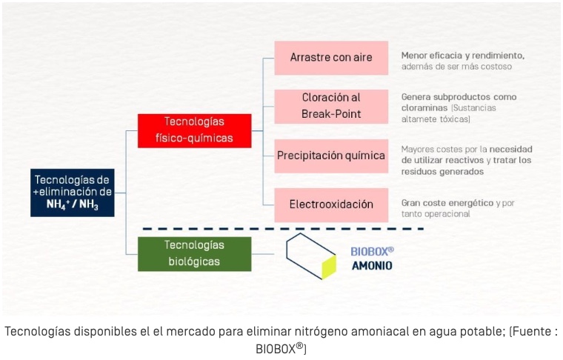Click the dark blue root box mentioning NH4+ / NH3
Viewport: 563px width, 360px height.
point(73,193)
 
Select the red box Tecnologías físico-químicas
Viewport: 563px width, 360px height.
point(195,130)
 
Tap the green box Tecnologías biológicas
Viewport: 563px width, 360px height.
point(195,254)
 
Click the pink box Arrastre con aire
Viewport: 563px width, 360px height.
point(331,58)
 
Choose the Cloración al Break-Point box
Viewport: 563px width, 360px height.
point(331,107)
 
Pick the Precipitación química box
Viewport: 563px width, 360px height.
point(331,156)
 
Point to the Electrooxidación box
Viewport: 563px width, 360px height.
point(331,205)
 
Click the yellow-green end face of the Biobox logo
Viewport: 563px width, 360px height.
point(329,267)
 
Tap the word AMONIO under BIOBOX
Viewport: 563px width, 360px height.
point(372,266)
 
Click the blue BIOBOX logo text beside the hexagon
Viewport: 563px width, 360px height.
point(372,251)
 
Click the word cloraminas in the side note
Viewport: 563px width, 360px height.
point(424,107)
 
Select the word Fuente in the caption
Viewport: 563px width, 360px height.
point(530,331)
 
